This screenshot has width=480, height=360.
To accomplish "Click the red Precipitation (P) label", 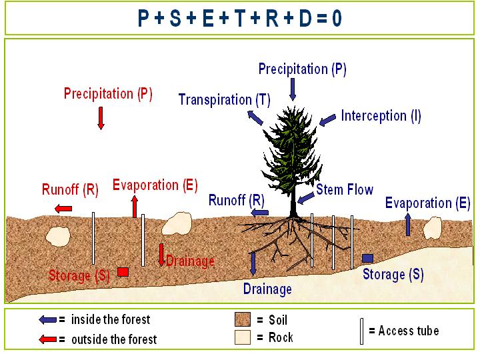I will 108,94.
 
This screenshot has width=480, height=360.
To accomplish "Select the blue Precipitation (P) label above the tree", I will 302,69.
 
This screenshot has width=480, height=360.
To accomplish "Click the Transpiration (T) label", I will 224,100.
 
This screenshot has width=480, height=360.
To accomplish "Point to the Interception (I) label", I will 381,115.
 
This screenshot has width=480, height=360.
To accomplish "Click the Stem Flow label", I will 345,190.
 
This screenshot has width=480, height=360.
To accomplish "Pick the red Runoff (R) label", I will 70,189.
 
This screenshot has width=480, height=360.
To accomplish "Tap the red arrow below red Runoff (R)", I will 63,209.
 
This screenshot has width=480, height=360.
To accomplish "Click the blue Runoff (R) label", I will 237,199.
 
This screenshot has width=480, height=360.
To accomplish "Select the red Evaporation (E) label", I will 155,185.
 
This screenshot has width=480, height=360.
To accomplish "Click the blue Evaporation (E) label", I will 428,203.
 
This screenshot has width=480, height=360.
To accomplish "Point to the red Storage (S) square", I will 123,271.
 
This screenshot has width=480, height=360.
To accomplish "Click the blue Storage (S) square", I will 367,258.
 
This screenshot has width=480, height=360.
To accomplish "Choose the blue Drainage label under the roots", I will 267,289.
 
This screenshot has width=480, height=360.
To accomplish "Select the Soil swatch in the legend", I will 242,319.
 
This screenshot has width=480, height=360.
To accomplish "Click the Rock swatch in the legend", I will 242,337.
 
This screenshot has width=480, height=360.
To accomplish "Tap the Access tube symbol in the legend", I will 362,331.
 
